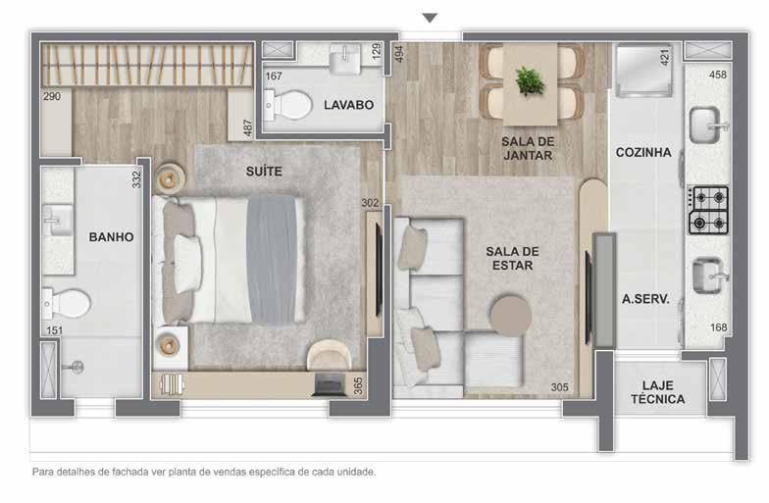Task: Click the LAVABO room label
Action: pyautogui.click(x=348, y=105)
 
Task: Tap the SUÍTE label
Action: pyautogui.click(x=264, y=171)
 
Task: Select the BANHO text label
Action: pyautogui.click(x=112, y=237)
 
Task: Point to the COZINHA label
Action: pyautogui.click(x=643, y=153)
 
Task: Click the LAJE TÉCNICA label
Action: pyautogui.click(x=657, y=392)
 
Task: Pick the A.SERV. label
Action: pyautogui.click(x=645, y=298)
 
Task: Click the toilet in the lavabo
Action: pyautogui.click(x=288, y=105)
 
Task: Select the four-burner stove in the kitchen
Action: pyautogui.click(x=708, y=210)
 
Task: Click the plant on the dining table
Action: pyautogui.click(x=530, y=80)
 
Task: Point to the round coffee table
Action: pyautogui.click(x=510, y=316)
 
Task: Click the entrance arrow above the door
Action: pyautogui.click(x=430, y=18)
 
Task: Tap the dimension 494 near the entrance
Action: pyautogui.click(x=399, y=54)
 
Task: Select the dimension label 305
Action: pyautogui.click(x=559, y=387)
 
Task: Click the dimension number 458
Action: pyautogui.click(x=718, y=75)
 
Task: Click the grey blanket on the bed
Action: pyautogui.click(x=272, y=260)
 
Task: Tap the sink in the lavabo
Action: pyautogui.click(x=345, y=59)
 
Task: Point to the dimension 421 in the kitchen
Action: pyautogui.click(x=665, y=57)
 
